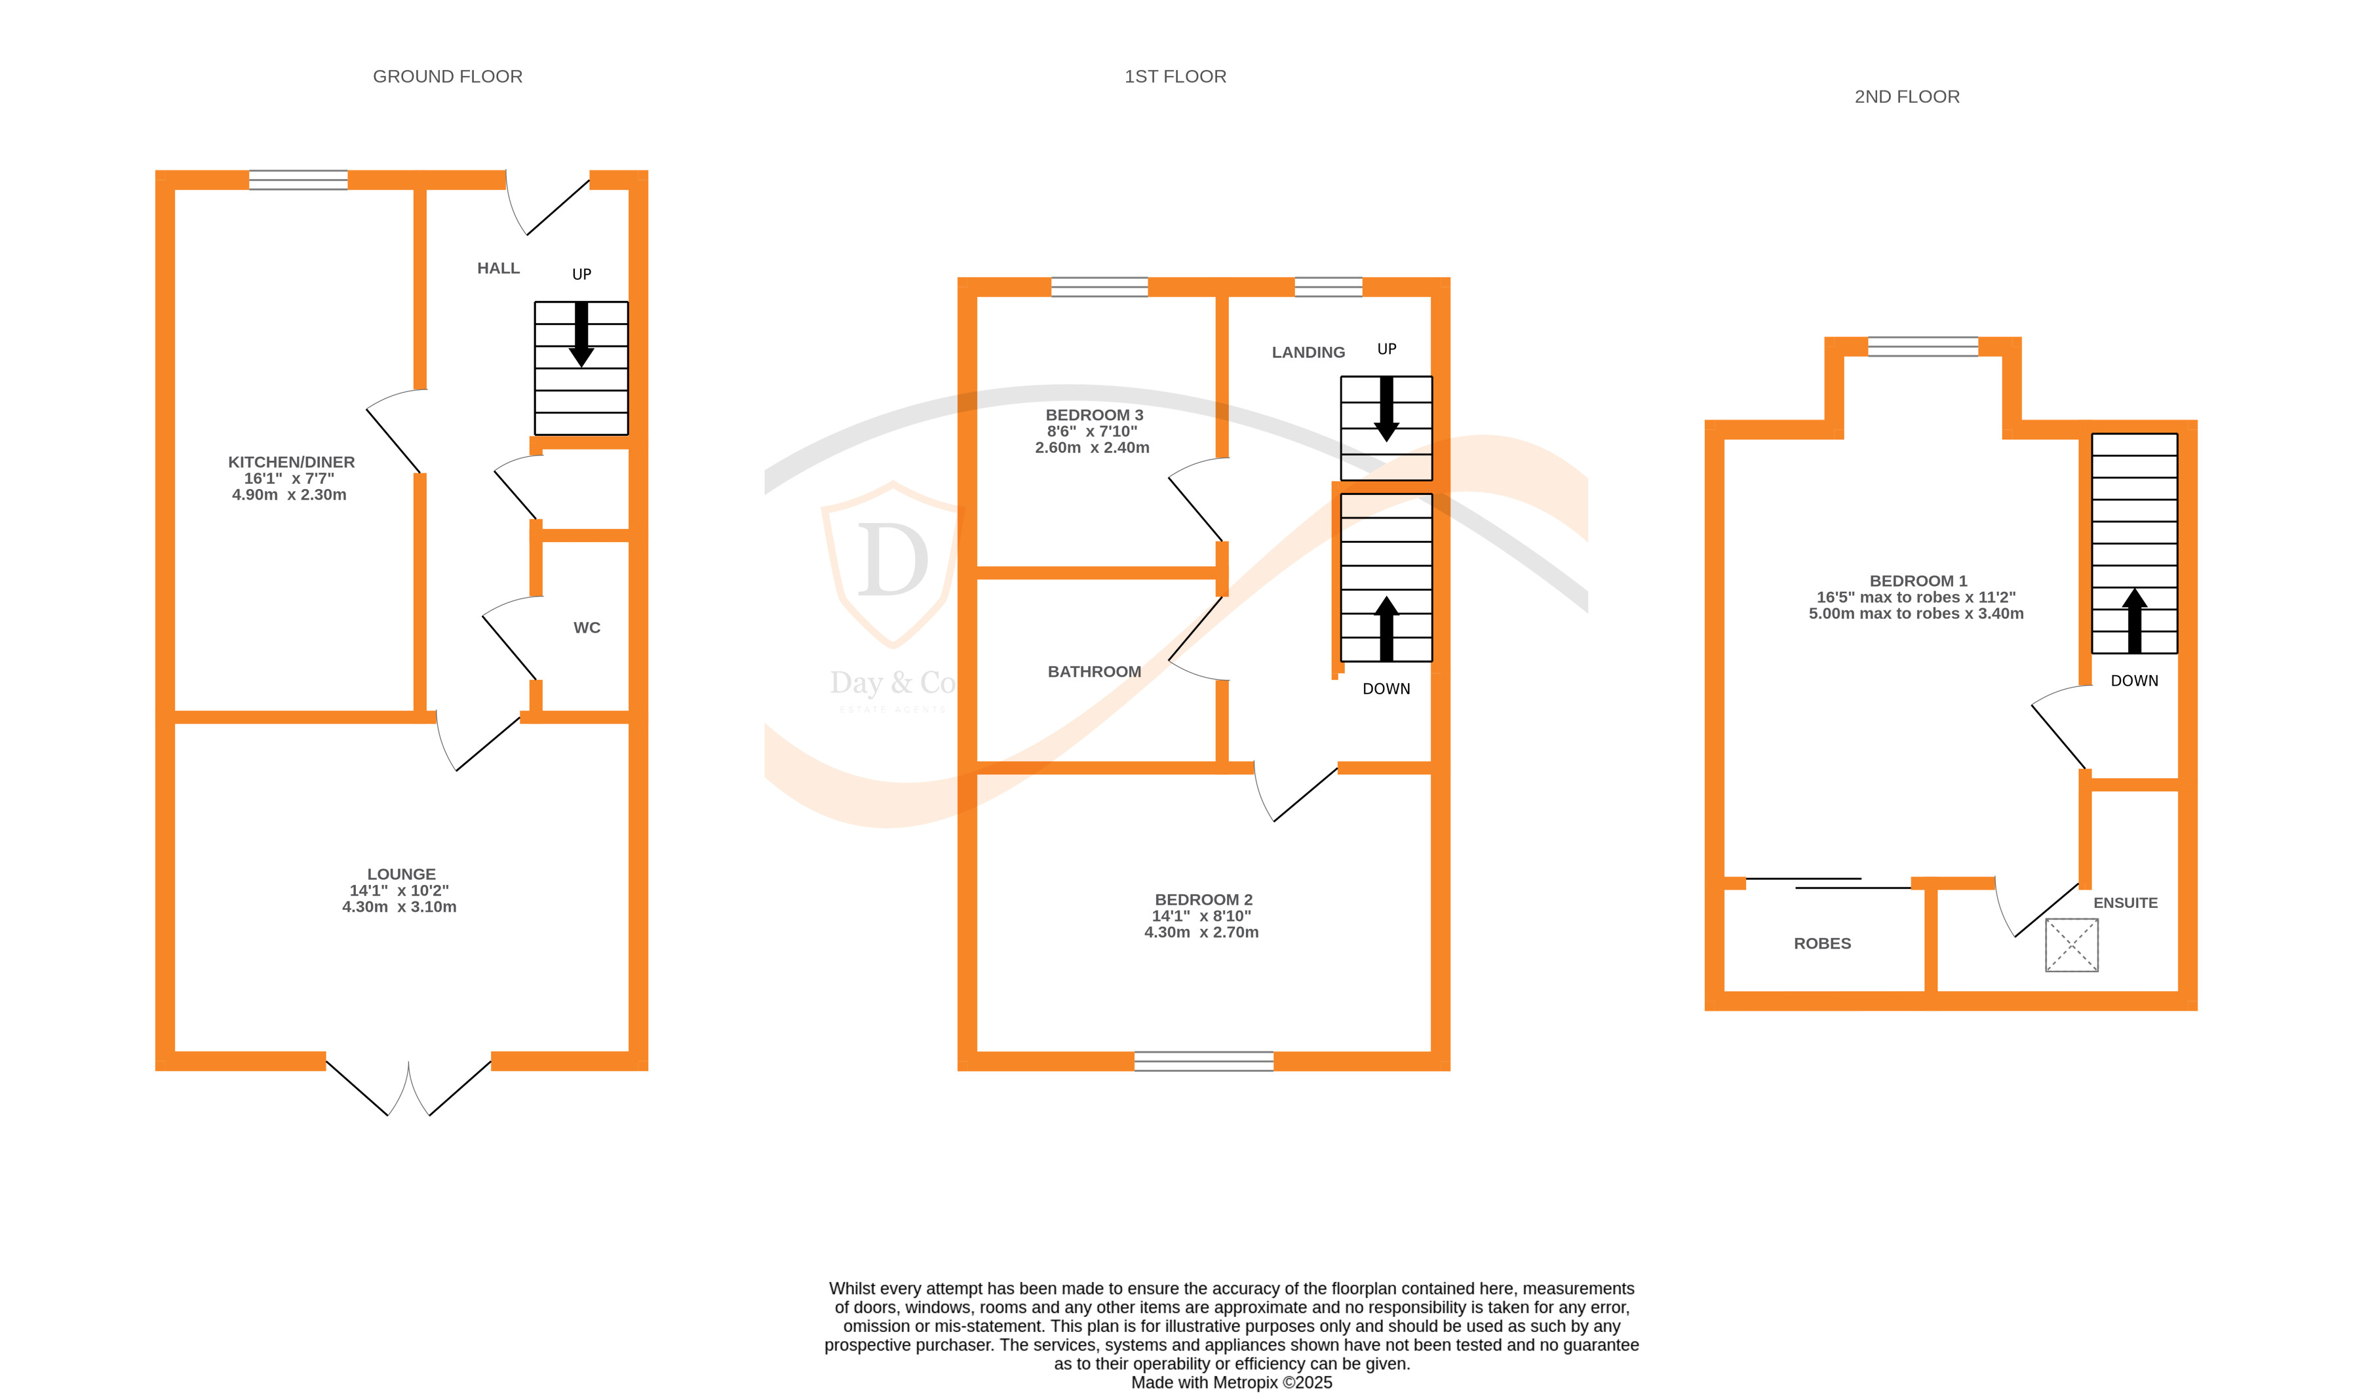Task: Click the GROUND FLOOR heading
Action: [x=448, y=77]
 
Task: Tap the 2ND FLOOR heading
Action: [x=1906, y=96]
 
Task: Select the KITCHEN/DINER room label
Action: [x=291, y=462]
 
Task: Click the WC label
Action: [x=587, y=628]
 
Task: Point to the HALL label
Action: [x=498, y=269]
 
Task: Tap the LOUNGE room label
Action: [x=400, y=874]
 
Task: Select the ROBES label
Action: [x=1821, y=943]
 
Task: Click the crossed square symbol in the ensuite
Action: [x=2071, y=945]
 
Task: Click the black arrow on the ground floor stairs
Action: [x=581, y=334]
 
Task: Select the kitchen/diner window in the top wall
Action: [x=298, y=180]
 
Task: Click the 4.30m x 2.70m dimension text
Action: [x=1201, y=932]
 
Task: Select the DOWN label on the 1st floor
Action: [x=1386, y=689]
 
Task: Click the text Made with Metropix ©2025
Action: [x=1232, y=1382]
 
